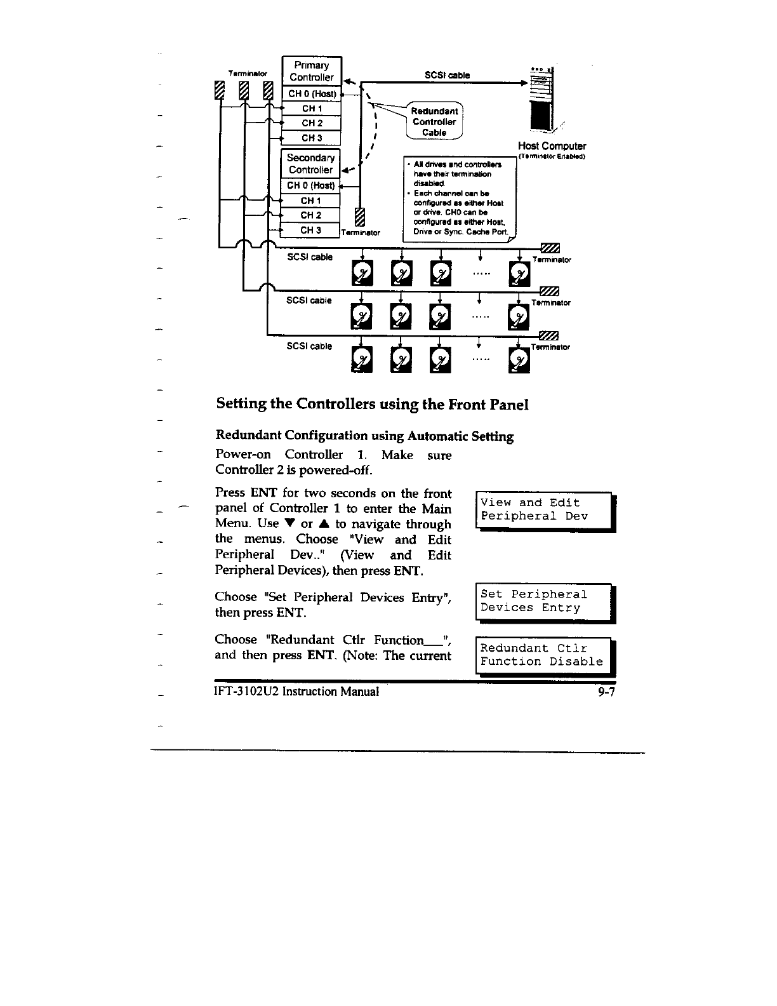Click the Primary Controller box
[311, 71]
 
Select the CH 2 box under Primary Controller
[311, 123]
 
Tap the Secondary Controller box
[310, 164]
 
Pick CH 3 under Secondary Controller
[310, 230]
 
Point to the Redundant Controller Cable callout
[435, 121]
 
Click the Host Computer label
[552, 146]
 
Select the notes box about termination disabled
[460, 198]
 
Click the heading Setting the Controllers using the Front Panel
[373, 404]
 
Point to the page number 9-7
[606, 692]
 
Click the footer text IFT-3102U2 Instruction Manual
[297, 692]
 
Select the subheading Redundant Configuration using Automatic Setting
[364, 436]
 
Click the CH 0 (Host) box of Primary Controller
[311, 94]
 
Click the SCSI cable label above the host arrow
[447, 75]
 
